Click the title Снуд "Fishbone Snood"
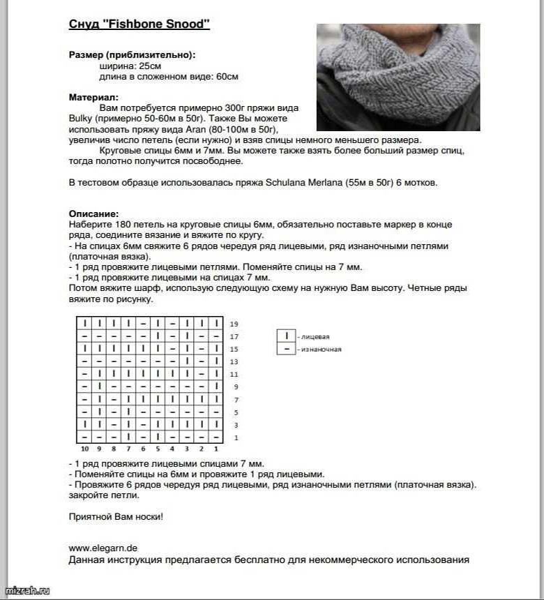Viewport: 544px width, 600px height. pyautogui.click(x=139, y=24)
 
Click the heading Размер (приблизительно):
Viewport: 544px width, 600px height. pyautogui.click(x=132, y=54)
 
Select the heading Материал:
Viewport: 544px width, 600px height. pyautogui.click(x=93, y=97)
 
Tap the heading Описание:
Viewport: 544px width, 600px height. pyautogui.click(x=93, y=213)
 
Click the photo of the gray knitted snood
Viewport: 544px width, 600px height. pyautogui.click(x=398, y=77)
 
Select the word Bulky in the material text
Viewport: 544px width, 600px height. pyautogui.click(x=81, y=119)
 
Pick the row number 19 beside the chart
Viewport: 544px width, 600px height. pyautogui.click(x=234, y=324)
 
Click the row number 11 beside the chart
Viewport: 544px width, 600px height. pyautogui.click(x=234, y=375)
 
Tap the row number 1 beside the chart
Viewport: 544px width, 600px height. pyautogui.click(x=234, y=437)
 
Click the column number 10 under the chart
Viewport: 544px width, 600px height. pyautogui.click(x=84, y=449)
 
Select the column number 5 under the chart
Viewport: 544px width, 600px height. pyautogui.click(x=158, y=449)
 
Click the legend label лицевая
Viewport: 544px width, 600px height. pyautogui.click(x=315, y=337)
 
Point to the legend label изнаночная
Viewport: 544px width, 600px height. pyautogui.click(x=321, y=349)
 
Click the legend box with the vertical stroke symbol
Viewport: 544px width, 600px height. pyautogui.click(x=286, y=336)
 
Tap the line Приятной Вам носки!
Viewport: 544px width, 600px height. pyautogui.click(x=115, y=517)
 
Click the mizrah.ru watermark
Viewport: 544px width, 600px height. pyautogui.click(x=27, y=591)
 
